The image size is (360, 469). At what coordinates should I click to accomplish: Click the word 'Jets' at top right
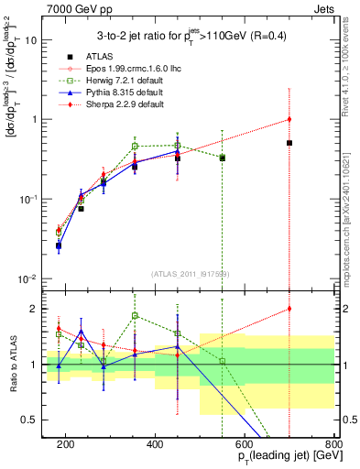click(x=327, y=7)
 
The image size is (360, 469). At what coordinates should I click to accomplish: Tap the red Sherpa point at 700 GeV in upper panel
click(x=289, y=119)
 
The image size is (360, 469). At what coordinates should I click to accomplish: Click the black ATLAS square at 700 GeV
click(x=289, y=143)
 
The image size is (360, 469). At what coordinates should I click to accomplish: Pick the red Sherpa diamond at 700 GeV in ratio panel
click(x=289, y=309)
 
